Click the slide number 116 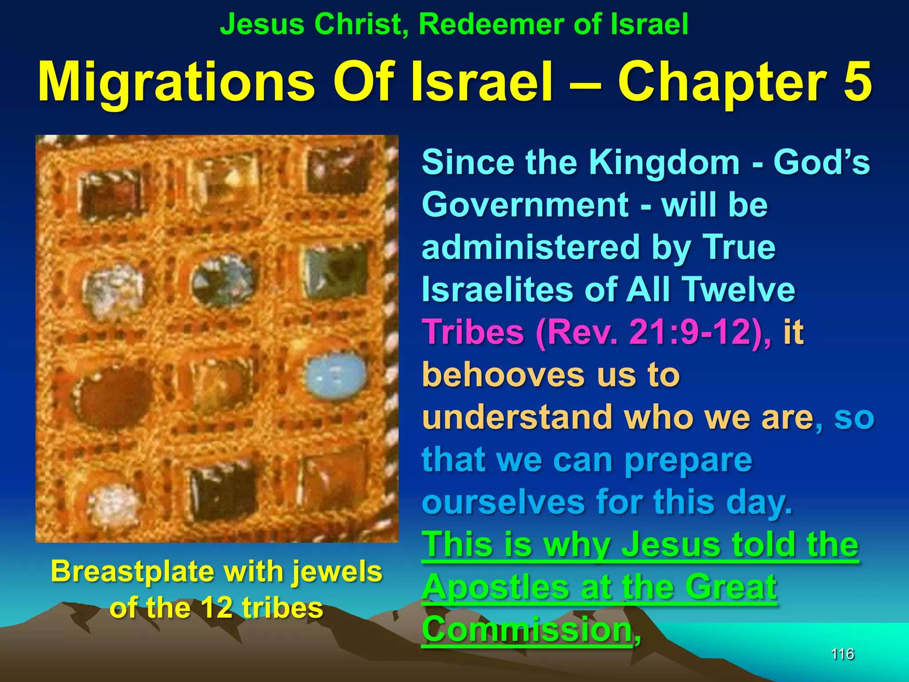click(x=842, y=654)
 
